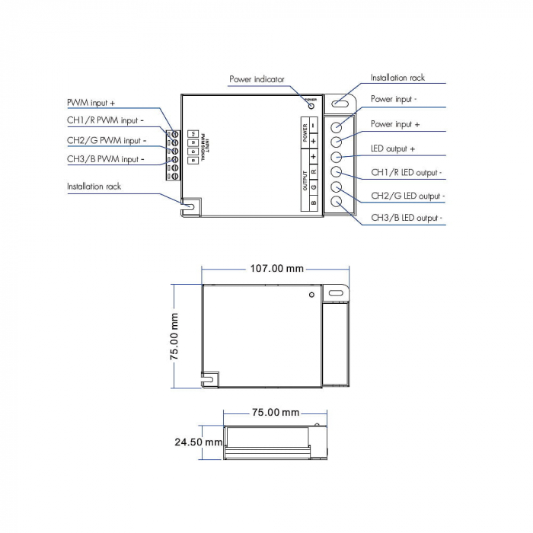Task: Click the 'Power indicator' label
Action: click(x=257, y=78)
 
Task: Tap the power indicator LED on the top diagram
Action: click(x=311, y=105)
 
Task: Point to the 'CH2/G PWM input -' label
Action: click(x=106, y=140)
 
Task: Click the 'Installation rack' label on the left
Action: click(x=94, y=186)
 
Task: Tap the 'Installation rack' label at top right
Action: click(x=397, y=78)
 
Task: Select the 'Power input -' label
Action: click(x=394, y=99)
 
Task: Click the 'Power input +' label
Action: click(x=395, y=123)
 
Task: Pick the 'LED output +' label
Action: click(x=393, y=148)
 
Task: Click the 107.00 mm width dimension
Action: click(x=276, y=268)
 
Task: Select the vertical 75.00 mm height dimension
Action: click(x=174, y=335)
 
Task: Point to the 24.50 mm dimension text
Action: click(x=198, y=442)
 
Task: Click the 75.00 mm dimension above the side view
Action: click(x=275, y=412)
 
